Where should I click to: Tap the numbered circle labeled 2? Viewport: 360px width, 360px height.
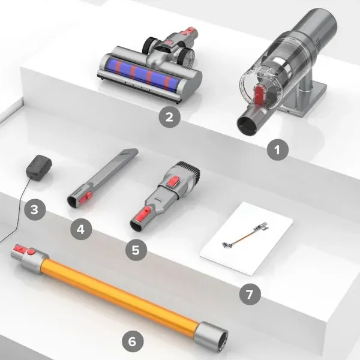pos(169,116)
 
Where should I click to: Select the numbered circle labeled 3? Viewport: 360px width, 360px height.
pos(35,210)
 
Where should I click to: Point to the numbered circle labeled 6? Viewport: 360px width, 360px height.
pos(133,341)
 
